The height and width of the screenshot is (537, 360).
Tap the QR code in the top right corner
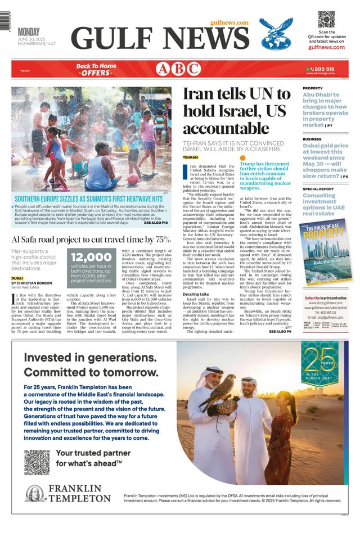point(326,19)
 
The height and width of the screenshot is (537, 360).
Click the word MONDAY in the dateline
point(31,31)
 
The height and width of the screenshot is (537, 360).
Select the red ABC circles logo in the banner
point(178,69)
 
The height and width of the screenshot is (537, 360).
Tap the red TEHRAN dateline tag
point(191,157)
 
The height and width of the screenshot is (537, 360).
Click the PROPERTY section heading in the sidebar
point(313,88)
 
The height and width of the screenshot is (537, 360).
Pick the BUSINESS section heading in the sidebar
point(312,139)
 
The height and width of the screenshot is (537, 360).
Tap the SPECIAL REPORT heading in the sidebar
point(318,189)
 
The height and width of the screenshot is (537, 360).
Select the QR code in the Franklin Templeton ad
point(37,462)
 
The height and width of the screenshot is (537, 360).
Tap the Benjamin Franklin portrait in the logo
point(35,493)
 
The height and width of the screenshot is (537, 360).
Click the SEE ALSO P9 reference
point(280,332)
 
